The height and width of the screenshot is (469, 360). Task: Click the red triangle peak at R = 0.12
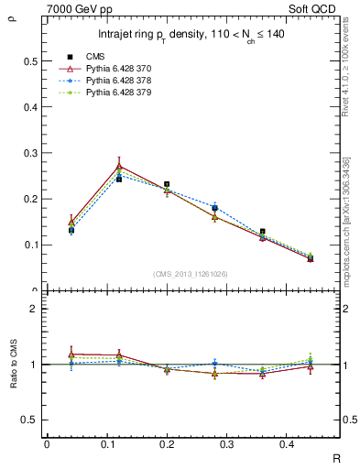119,166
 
